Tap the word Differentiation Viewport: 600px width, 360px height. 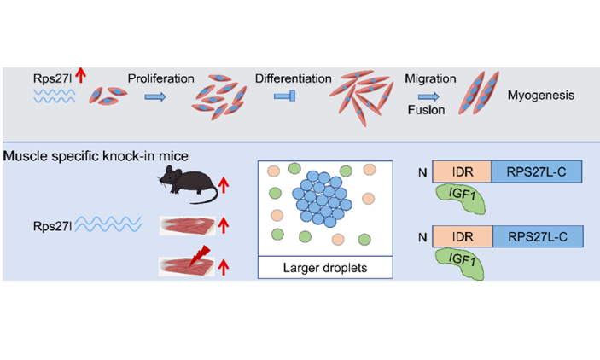(x=293, y=79)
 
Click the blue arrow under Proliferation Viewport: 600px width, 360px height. (x=155, y=97)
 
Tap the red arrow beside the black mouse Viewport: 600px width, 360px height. (x=224, y=182)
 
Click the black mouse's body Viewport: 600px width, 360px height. (x=188, y=184)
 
